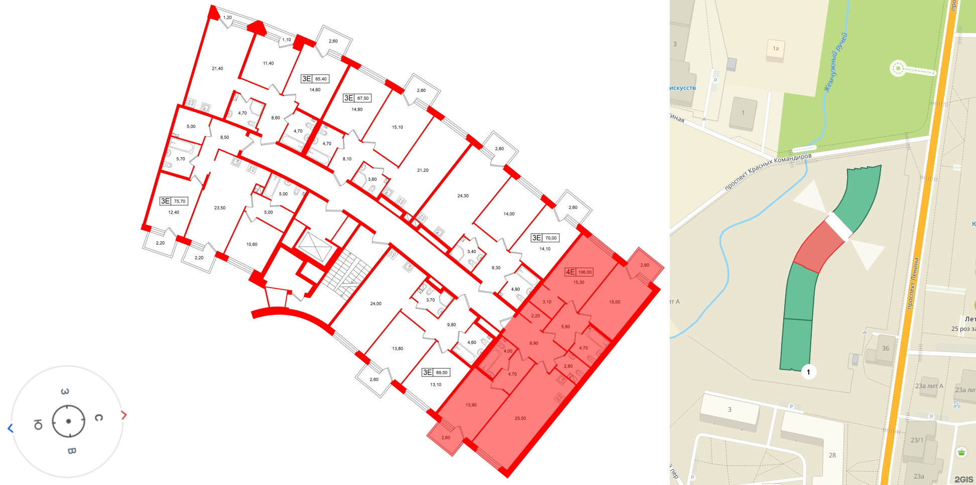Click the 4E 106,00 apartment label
point(579,272)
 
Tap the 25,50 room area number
point(520,418)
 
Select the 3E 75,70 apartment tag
point(173,201)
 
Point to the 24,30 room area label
point(463,196)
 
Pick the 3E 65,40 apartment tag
point(315,79)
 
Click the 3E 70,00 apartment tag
point(545,238)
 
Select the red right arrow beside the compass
point(124,415)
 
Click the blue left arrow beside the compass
point(10,428)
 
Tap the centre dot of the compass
point(68,421)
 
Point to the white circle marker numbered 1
point(808,372)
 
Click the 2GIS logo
point(963,479)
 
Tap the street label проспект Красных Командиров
point(768,172)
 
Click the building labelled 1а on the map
point(775,50)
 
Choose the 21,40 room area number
point(217,69)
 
